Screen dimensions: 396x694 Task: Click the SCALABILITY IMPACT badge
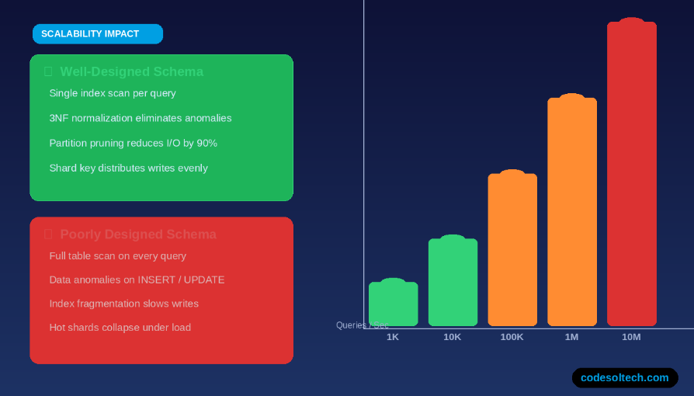(x=97, y=34)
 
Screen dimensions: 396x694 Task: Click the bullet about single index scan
(x=113, y=93)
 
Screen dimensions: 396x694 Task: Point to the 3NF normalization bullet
(x=141, y=118)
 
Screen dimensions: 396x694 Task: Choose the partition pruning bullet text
(x=133, y=143)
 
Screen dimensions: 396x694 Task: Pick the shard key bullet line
(x=128, y=168)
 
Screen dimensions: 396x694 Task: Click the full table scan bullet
(x=117, y=255)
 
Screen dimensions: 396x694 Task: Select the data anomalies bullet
(x=137, y=280)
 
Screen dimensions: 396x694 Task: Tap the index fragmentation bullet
(x=123, y=304)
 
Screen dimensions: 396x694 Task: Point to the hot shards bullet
(x=120, y=328)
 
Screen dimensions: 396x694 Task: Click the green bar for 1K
(x=393, y=304)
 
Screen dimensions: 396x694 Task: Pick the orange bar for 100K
(x=512, y=249)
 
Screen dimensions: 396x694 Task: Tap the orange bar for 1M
(x=572, y=211)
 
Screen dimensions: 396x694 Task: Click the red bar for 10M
(x=631, y=174)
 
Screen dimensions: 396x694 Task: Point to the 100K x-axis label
(x=512, y=337)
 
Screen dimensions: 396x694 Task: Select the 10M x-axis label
(x=631, y=337)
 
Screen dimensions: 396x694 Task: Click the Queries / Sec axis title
(x=363, y=325)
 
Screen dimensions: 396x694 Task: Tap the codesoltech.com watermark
(x=625, y=378)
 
